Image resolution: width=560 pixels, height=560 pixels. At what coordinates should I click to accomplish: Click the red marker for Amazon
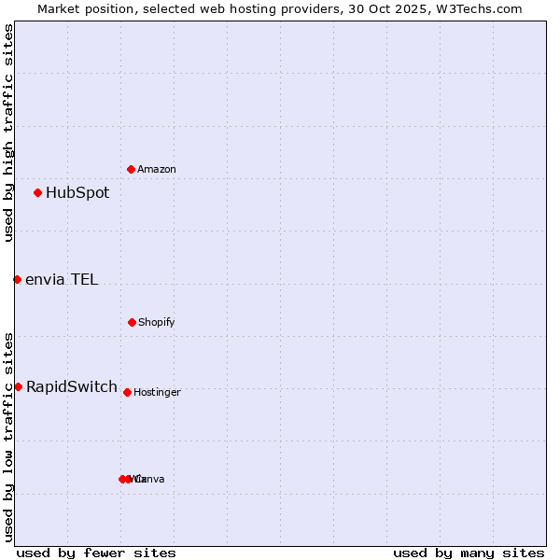132,169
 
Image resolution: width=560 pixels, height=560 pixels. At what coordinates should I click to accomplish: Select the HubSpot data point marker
38,193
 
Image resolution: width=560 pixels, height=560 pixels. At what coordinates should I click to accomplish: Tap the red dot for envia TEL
17,279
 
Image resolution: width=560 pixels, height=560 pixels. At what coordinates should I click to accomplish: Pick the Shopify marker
132,322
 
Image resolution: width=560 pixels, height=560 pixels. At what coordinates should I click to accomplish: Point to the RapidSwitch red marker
18,386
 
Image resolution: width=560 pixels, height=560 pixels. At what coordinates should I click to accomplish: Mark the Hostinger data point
127,392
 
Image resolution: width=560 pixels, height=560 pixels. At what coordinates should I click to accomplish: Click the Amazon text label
157,170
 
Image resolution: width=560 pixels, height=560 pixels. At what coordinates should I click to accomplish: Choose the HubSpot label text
77,193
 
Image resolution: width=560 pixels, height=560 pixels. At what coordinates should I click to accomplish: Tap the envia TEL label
62,279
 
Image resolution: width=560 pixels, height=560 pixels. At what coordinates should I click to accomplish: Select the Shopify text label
157,323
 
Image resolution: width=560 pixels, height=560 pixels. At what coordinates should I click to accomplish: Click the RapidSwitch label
72,386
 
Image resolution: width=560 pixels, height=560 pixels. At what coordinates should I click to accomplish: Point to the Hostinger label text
157,393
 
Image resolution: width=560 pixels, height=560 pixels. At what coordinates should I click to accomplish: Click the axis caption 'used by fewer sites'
96,553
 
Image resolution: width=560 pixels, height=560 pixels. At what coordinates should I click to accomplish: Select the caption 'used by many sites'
469,553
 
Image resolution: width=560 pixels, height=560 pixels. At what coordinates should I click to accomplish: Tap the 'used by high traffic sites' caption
8,133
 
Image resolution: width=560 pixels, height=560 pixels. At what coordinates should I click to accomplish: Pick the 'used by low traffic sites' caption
8,437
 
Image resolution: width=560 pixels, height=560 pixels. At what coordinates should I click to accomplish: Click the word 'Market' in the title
61,8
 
